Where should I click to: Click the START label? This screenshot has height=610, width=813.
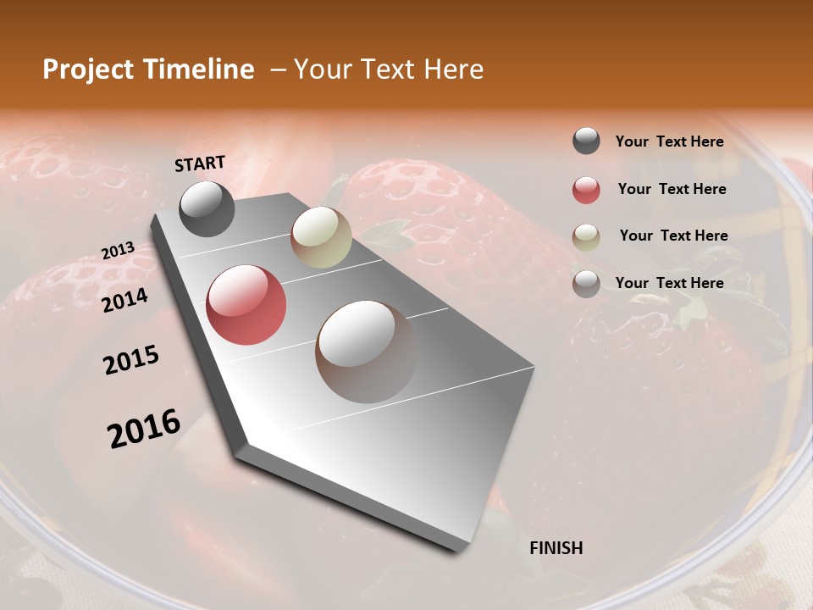pos(200,164)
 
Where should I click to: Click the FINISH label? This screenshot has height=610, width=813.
pos(556,548)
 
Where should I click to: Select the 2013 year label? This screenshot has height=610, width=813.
pos(118,251)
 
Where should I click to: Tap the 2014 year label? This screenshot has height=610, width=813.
pos(124,300)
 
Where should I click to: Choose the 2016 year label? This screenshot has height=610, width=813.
pos(144,428)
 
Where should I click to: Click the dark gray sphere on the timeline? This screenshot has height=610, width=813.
pos(207,208)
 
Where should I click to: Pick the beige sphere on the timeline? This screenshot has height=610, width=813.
pos(321,237)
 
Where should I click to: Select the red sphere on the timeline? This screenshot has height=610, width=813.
pos(246,305)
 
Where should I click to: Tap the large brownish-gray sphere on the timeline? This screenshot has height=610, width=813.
pos(366,352)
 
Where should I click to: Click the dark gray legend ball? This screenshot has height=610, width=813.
pos(586,141)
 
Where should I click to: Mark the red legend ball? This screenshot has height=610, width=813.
pos(586,190)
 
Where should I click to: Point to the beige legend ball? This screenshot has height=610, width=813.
pos(586,236)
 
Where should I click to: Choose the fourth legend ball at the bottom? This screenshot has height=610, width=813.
pos(586,283)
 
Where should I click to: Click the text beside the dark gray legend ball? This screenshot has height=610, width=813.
pos(669,141)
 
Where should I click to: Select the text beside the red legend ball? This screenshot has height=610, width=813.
pos(672,189)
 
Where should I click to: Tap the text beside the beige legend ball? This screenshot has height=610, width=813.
pos(673,236)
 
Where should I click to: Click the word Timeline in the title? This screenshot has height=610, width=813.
pos(201,69)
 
